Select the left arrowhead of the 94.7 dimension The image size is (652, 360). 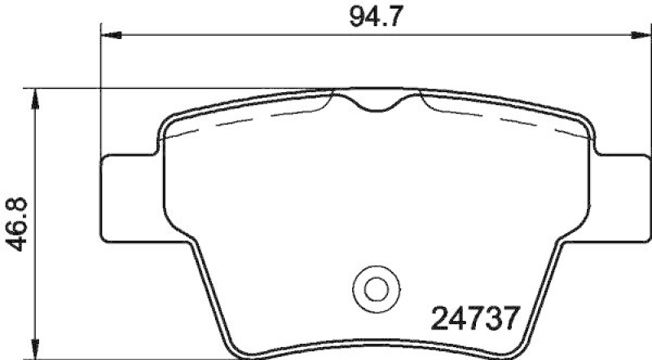(109, 34)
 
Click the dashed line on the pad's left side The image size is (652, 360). (244, 121)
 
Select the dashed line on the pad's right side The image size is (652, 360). (505, 121)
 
